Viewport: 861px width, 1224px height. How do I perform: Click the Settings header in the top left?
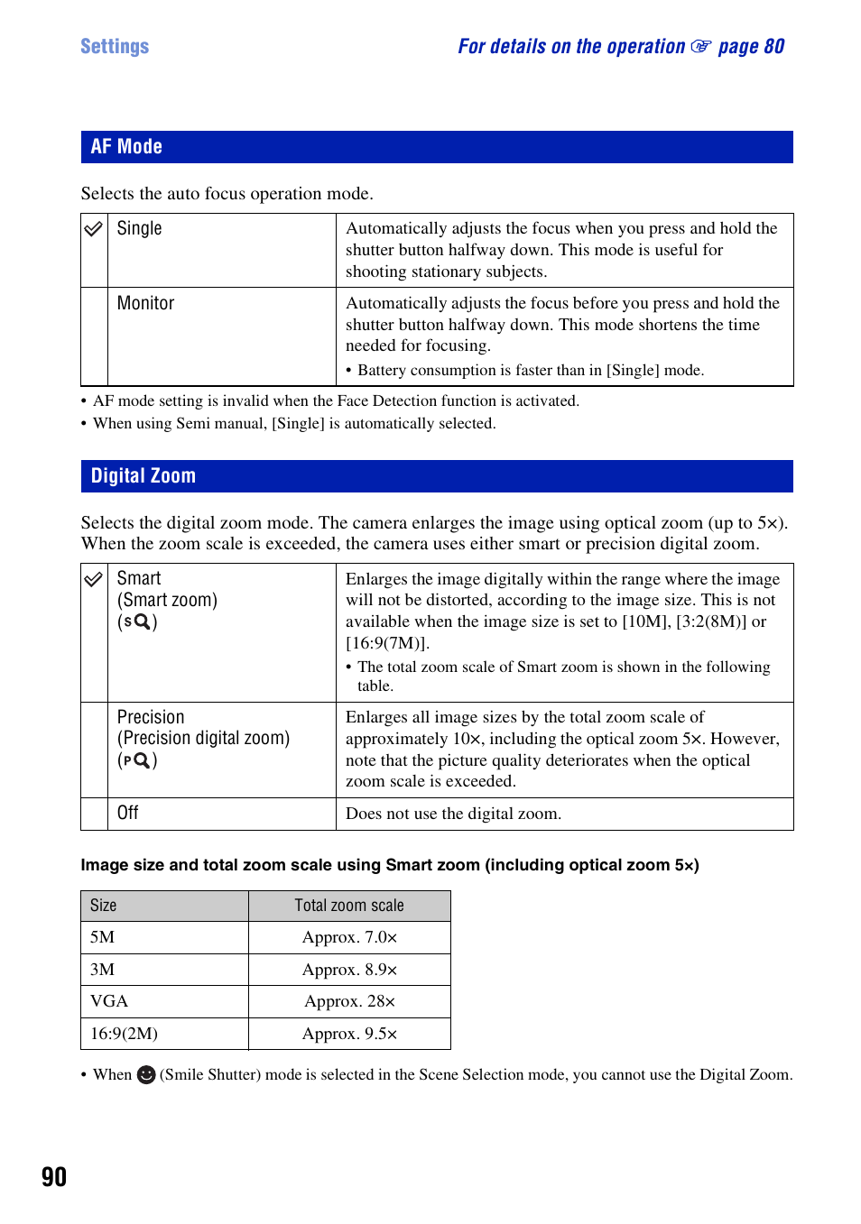click(x=115, y=46)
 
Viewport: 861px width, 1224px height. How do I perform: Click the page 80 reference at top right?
click(x=751, y=46)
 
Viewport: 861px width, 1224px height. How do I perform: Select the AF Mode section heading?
click(x=126, y=146)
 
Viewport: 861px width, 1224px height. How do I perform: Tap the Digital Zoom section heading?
click(x=143, y=475)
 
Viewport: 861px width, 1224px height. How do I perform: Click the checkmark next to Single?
click(x=94, y=229)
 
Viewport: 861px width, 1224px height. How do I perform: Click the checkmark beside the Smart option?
click(x=94, y=579)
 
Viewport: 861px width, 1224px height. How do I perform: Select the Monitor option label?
click(x=145, y=303)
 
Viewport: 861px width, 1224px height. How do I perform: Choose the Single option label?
click(x=139, y=228)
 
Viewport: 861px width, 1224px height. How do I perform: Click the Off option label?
click(x=127, y=813)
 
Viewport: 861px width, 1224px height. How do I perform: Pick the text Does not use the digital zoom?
click(x=453, y=814)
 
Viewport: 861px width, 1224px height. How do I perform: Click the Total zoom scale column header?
click(x=349, y=906)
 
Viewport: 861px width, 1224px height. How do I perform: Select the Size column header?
click(x=103, y=906)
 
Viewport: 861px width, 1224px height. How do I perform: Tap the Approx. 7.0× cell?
click(x=349, y=937)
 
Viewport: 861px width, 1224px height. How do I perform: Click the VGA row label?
click(x=109, y=1001)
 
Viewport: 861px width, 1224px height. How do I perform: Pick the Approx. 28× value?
click(x=349, y=1001)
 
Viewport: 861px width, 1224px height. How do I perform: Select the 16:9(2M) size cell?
click(x=124, y=1034)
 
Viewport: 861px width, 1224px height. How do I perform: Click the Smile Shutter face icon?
click(x=146, y=1075)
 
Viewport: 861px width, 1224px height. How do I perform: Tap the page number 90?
click(x=54, y=1176)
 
